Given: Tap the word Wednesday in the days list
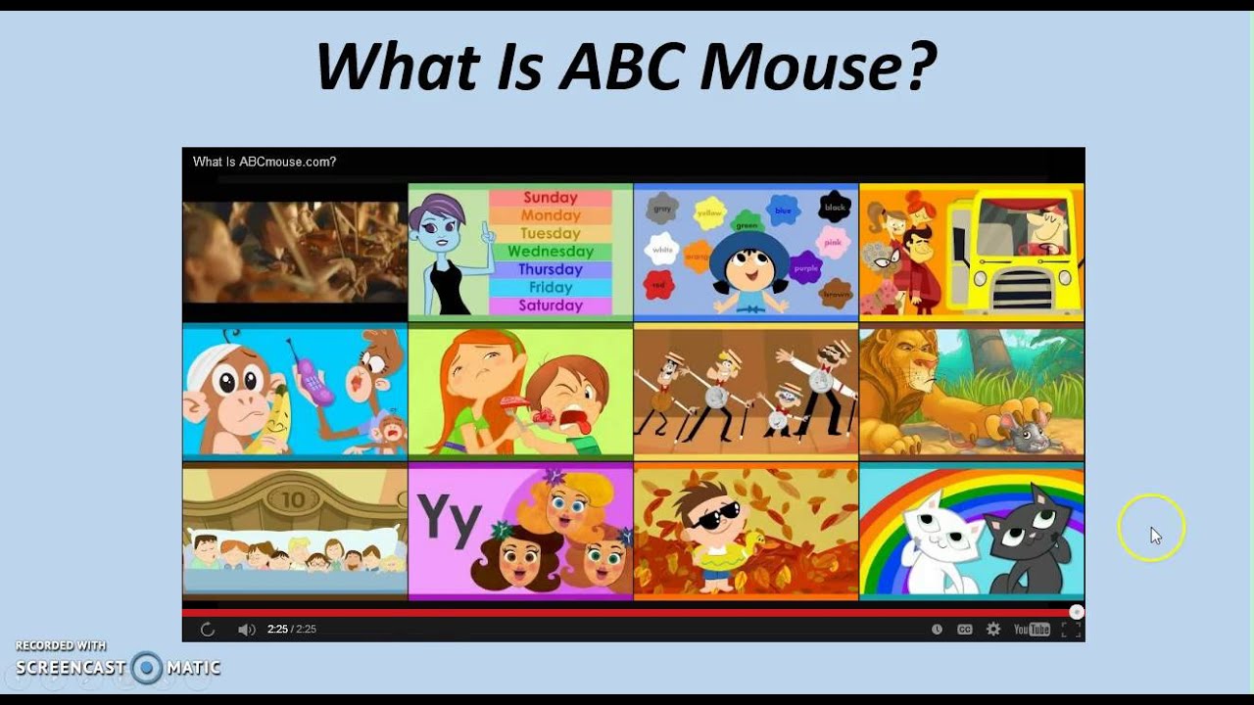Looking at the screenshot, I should pos(551,252).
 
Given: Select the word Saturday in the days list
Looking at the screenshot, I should pos(551,305).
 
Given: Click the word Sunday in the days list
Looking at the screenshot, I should pos(551,198).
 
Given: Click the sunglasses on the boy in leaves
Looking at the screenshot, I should pos(718,515).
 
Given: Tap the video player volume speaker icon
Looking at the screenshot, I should pos(246,630).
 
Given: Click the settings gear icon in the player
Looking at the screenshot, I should pos(993,630).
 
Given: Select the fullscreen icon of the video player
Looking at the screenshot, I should pos(1071,630).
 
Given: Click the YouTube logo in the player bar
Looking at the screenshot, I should pos(1032,630).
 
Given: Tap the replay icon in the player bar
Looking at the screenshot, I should pos(208,630).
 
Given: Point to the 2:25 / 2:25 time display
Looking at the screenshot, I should pos(292,630).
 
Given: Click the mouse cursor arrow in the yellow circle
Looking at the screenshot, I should pos(1155,536).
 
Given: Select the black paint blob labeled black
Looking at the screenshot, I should pos(835,207).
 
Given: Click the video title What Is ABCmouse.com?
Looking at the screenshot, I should pos(265,162).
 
